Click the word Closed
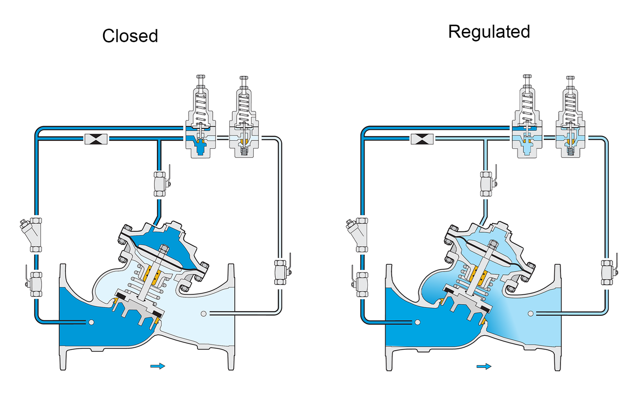click(x=130, y=36)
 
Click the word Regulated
click(x=489, y=32)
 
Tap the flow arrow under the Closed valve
click(x=158, y=366)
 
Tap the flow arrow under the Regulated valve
click(x=484, y=366)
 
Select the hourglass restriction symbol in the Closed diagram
click(x=96, y=139)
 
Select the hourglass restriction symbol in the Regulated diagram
click(x=422, y=139)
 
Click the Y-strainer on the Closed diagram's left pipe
click(x=32, y=234)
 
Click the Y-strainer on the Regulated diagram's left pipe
click(x=358, y=234)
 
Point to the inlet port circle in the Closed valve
click(x=91, y=323)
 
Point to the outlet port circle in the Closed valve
click(x=204, y=314)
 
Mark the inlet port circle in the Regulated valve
click(x=417, y=323)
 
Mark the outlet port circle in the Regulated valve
click(x=531, y=313)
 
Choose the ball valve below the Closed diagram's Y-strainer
click(x=34, y=284)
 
